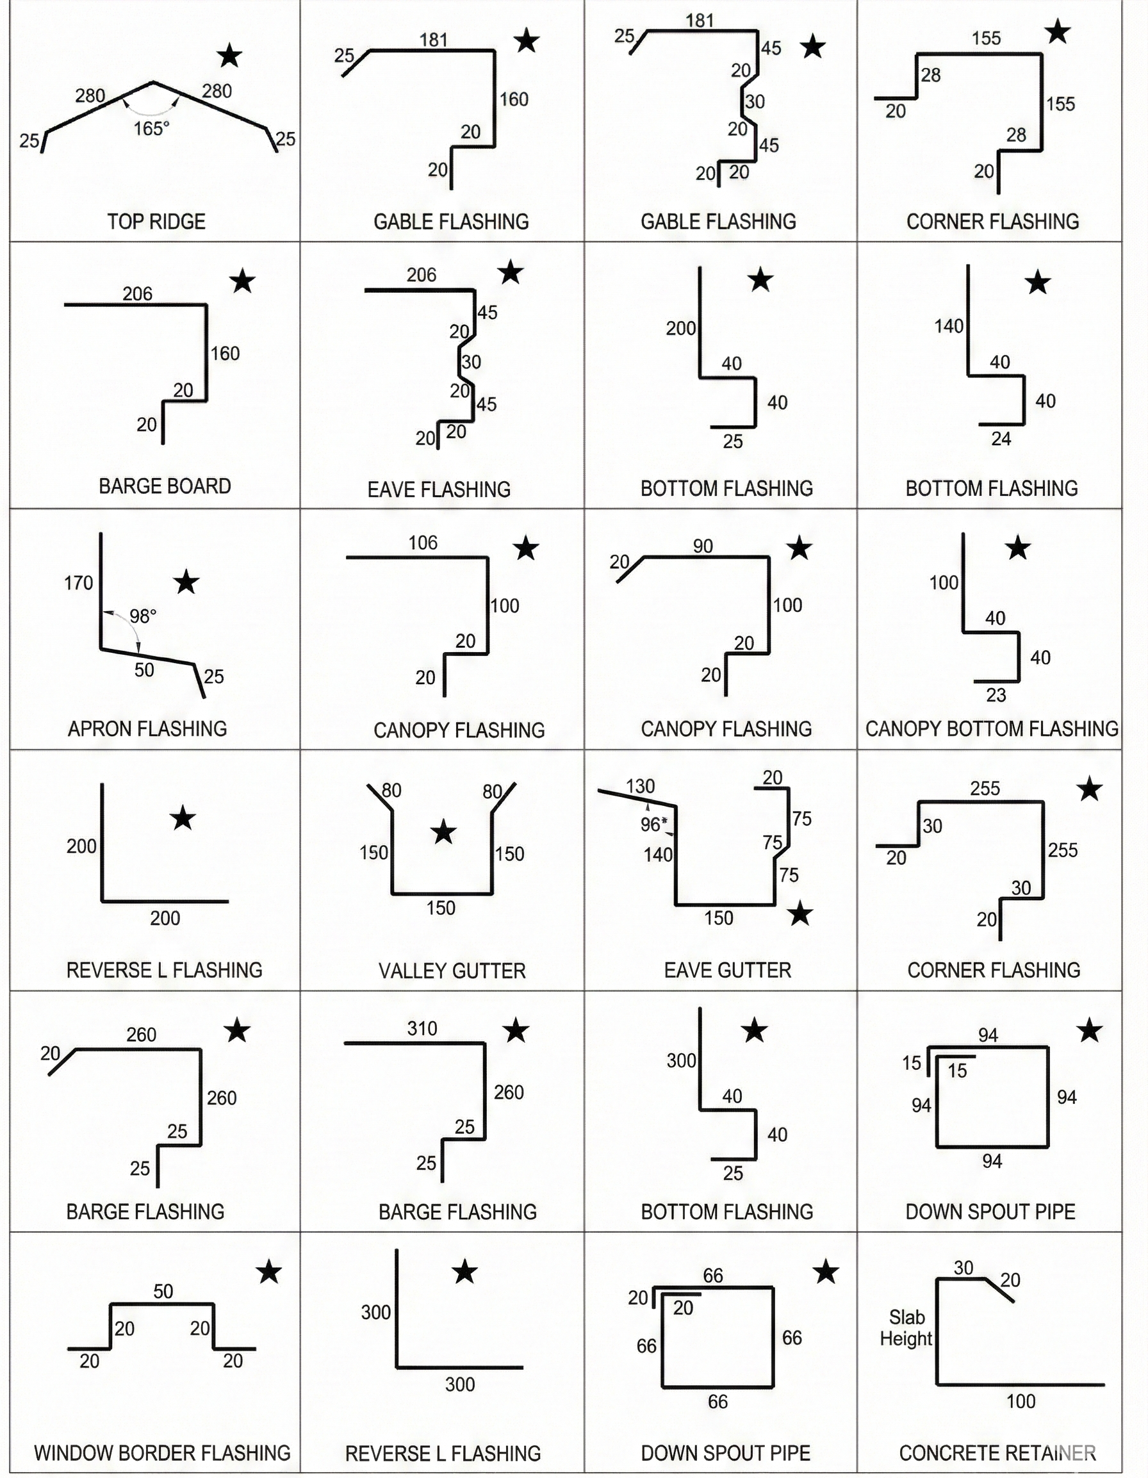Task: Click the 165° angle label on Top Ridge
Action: (151, 128)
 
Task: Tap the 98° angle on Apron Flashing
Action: (143, 616)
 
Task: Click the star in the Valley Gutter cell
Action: (443, 832)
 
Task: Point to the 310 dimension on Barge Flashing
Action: (422, 1029)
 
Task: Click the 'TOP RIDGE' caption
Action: (156, 221)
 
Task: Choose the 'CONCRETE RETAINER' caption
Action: (997, 1452)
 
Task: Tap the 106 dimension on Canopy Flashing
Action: (423, 542)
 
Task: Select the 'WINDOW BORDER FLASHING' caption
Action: (163, 1452)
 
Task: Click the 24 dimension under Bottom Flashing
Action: (1001, 439)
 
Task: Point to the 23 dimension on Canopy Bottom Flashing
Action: (996, 695)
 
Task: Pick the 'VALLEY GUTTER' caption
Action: (452, 971)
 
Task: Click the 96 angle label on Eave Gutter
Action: (653, 825)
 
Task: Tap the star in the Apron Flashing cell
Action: (186, 582)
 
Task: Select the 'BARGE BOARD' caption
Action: (165, 486)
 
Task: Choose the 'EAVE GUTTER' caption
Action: (728, 970)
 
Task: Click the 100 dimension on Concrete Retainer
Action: (1021, 1401)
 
